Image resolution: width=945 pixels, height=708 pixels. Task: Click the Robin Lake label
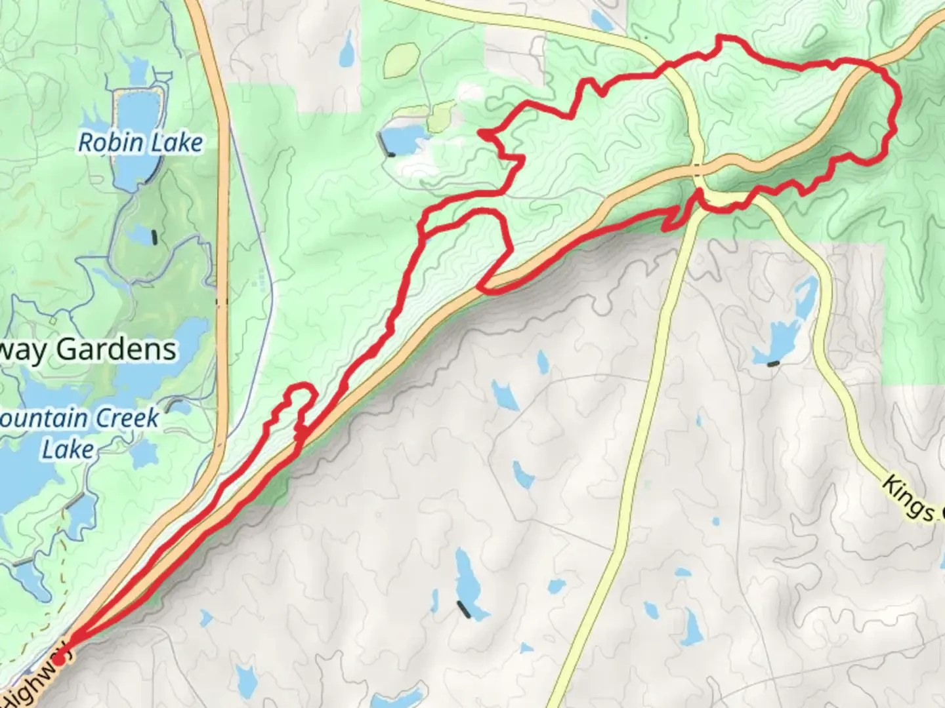[140, 142]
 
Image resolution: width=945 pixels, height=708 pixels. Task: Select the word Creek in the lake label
[127, 418]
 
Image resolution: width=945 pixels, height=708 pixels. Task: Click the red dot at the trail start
[60, 660]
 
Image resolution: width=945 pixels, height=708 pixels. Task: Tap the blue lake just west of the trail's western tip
[401, 139]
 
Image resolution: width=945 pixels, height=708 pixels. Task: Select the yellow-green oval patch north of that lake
[402, 61]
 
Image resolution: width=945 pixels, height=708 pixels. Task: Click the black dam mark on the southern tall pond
[465, 610]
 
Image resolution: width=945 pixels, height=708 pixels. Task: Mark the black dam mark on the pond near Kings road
[774, 363]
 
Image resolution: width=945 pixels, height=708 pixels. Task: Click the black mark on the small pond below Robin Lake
[154, 237]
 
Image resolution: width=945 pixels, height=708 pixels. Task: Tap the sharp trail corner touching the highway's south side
[479, 286]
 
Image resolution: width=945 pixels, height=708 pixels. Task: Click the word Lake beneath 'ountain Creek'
[68, 450]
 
